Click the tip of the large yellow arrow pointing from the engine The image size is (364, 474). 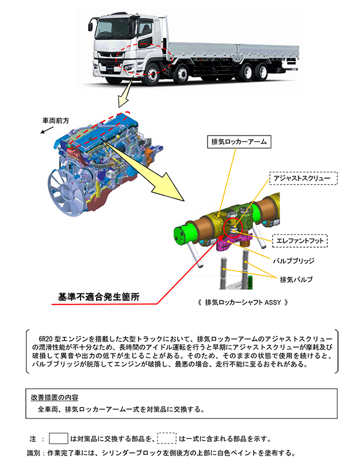(x=183, y=201)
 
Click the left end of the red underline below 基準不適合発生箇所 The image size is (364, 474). (x=52, y=304)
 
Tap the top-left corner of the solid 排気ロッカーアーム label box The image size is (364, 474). (x=207, y=136)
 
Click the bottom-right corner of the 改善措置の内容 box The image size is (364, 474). (x=338, y=418)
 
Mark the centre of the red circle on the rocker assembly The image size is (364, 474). (x=233, y=228)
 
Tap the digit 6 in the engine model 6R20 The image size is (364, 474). (x=40, y=338)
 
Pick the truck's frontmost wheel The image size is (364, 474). (x=151, y=75)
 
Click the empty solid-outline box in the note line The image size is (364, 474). (x=59, y=438)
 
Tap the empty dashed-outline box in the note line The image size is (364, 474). (x=167, y=438)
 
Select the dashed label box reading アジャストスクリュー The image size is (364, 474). (x=303, y=178)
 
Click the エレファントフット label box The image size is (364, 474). (x=300, y=241)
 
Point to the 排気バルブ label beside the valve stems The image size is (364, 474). (x=296, y=279)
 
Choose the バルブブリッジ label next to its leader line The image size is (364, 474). (x=293, y=261)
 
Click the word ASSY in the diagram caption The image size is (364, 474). (x=273, y=302)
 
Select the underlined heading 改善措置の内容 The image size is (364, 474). (x=55, y=398)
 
